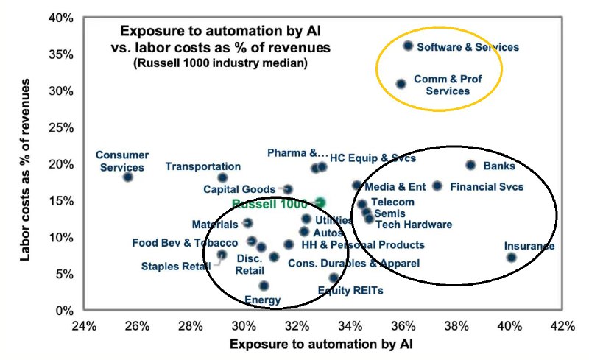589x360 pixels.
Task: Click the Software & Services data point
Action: [408, 46]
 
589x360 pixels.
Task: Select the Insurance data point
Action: [512, 257]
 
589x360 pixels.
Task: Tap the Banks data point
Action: [470, 165]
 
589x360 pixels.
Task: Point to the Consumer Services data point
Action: [128, 177]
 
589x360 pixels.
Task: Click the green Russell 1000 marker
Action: [320, 202]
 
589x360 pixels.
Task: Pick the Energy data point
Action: [264, 286]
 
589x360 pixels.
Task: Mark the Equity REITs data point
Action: [334, 278]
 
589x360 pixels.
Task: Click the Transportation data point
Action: [223, 177]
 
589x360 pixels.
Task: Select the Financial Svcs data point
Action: [437, 186]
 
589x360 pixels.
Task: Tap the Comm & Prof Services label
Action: [441, 84]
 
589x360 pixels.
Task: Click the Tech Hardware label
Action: [414, 225]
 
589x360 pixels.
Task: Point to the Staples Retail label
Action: [176, 266]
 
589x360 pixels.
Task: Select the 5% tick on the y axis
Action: [65, 274]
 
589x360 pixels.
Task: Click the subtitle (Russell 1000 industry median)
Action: [219, 63]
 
